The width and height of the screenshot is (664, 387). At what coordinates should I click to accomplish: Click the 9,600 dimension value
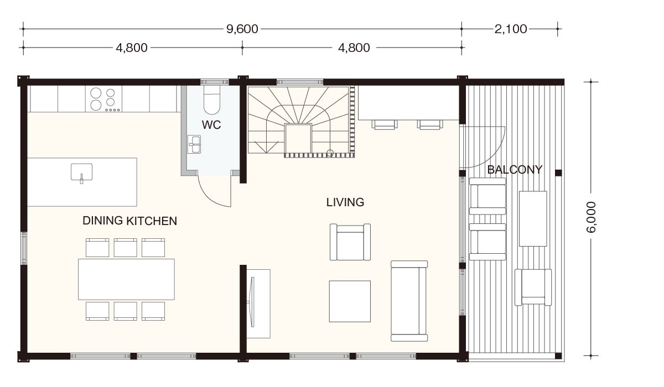(x=242, y=29)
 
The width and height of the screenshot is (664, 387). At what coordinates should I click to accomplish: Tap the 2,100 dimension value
(x=510, y=29)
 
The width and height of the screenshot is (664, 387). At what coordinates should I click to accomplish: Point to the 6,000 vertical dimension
(x=591, y=217)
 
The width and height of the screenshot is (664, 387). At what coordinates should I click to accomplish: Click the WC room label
(x=211, y=125)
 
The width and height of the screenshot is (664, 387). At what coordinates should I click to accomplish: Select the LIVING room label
(x=345, y=202)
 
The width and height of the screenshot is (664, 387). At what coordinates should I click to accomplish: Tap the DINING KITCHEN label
(x=129, y=221)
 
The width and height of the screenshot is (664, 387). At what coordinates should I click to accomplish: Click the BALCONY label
(x=515, y=170)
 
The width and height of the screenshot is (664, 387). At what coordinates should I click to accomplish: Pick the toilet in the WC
(x=211, y=100)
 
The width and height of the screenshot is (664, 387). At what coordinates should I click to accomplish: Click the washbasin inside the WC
(x=194, y=144)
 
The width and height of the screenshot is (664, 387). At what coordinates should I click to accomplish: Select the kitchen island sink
(x=81, y=173)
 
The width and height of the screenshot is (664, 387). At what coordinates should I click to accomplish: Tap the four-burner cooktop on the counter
(x=103, y=99)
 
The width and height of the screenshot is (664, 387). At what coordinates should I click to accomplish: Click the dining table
(x=126, y=279)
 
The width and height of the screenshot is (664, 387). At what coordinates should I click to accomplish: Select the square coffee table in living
(x=350, y=301)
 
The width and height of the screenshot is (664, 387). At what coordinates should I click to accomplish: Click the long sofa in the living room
(x=409, y=301)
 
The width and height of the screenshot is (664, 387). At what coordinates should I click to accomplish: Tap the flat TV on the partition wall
(x=252, y=302)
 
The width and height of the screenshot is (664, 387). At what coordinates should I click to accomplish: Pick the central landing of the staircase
(x=298, y=139)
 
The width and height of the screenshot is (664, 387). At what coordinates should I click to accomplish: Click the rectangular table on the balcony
(x=533, y=218)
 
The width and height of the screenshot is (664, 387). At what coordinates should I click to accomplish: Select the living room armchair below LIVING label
(x=350, y=242)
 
